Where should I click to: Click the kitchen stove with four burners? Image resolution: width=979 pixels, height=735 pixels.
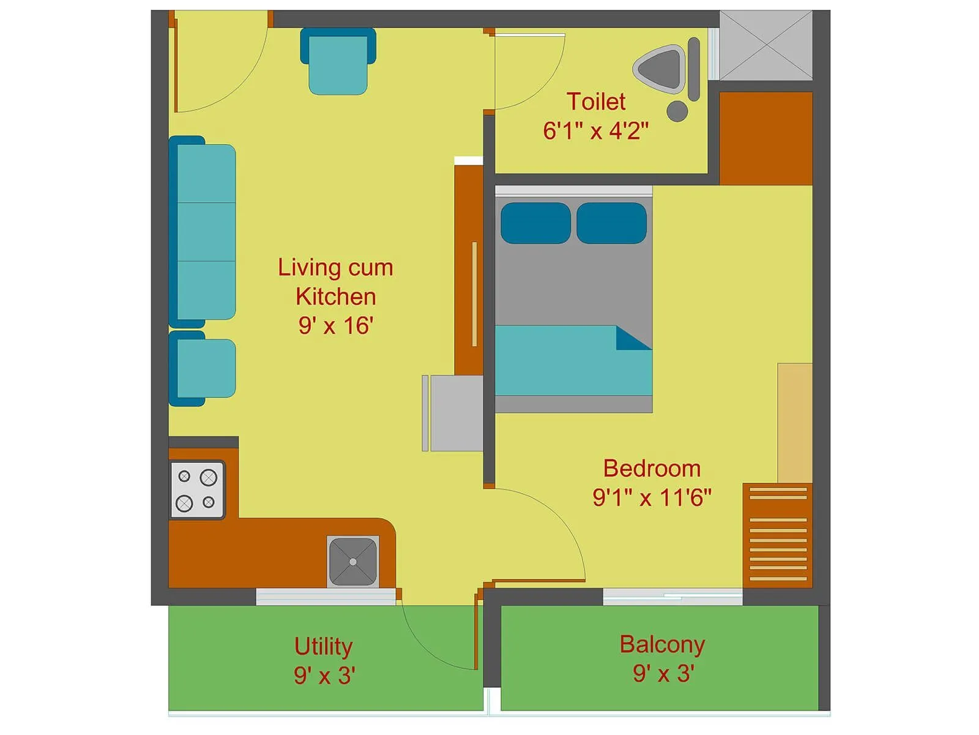(197, 489)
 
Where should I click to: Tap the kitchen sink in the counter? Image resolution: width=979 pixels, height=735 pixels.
(353, 562)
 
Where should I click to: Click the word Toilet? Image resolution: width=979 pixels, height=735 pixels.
(595, 102)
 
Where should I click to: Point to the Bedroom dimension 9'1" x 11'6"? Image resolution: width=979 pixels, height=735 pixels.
(652, 497)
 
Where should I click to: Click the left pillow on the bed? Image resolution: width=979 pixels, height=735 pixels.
(535, 223)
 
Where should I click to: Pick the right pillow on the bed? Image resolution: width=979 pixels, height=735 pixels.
(611, 223)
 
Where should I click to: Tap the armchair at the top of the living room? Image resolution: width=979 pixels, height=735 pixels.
(338, 61)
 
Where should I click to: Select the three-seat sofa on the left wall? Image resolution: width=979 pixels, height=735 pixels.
(203, 232)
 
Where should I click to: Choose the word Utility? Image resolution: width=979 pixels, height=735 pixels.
(323, 647)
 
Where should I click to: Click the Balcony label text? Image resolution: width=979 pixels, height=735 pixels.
(662, 644)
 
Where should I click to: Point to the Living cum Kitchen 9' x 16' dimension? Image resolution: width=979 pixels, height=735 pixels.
(335, 326)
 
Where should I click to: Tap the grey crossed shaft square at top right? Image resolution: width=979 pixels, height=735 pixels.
(765, 45)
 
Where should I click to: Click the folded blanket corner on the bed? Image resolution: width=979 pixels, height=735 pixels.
(631, 339)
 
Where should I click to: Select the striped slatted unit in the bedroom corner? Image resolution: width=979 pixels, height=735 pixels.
(778, 535)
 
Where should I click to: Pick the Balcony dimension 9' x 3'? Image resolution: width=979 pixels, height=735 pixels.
(663, 674)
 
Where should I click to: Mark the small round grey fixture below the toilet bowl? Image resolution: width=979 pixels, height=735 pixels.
(677, 111)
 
